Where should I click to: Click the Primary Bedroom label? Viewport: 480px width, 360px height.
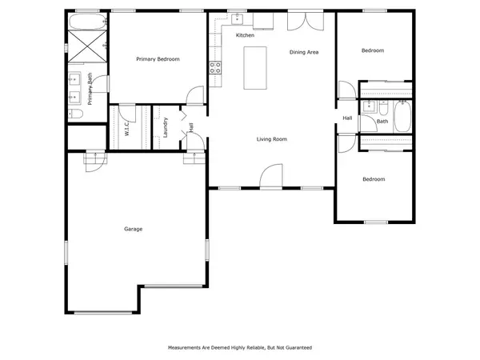click(x=158, y=59)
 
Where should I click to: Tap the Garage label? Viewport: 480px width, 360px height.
click(x=133, y=229)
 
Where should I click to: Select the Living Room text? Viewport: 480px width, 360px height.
click(x=272, y=139)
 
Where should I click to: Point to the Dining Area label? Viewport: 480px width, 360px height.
click(x=304, y=52)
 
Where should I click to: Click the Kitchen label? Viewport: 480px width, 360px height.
click(x=245, y=35)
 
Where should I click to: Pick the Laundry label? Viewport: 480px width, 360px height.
click(x=166, y=127)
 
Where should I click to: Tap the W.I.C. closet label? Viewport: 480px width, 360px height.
click(x=127, y=128)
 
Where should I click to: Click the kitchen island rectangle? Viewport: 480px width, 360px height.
click(x=255, y=68)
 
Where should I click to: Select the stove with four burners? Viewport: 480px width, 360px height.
click(x=215, y=68)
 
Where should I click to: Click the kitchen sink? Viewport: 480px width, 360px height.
click(x=238, y=19)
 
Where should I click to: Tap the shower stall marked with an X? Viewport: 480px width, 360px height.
click(x=87, y=46)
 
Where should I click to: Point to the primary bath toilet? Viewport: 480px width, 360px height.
click(x=75, y=114)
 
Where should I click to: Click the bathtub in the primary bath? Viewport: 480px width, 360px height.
click(x=88, y=22)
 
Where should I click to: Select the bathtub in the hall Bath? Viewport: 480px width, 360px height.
click(x=402, y=117)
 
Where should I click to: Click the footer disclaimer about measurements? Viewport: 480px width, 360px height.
click(x=240, y=348)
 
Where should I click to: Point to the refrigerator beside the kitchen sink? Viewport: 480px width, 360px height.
click(x=263, y=21)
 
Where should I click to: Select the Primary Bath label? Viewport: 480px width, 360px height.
click(x=90, y=89)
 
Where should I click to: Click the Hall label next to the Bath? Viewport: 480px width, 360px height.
click(x=347, y=118)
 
